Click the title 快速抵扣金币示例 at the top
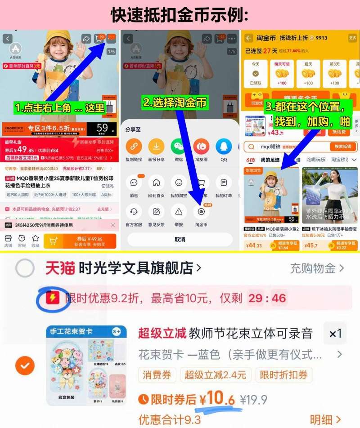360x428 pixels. coord(180,14)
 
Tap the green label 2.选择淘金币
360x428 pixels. coord(175,103)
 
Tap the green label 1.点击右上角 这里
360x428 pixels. coord(59,108)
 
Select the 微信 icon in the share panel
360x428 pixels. coord(178,147)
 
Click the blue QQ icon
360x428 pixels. coord(224,147)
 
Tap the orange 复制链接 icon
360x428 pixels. coord(134,147)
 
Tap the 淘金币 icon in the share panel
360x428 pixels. coord(201,212)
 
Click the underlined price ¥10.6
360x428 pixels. coord(218,398)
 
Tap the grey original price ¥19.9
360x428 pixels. coord(253,400)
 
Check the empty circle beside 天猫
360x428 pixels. coord(25,269)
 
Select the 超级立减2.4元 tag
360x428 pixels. coord(216,375)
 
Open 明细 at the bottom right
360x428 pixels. coord(325,419)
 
